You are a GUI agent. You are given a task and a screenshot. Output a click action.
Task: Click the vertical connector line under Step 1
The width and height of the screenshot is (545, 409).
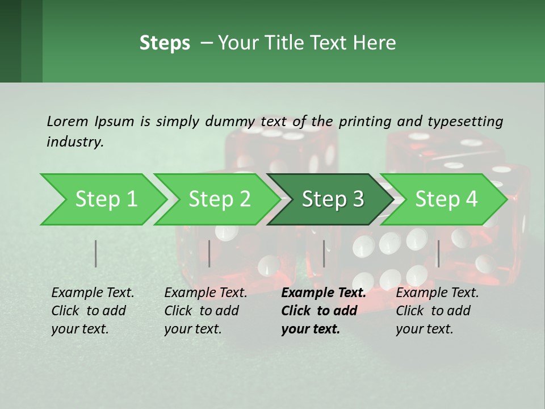click(x=96, y=253)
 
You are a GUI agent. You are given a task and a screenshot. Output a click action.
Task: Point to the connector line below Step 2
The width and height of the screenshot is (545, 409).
click(x=209, y=253)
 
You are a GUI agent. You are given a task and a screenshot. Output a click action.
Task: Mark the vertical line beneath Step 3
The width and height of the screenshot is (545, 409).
click(x=324, y=253)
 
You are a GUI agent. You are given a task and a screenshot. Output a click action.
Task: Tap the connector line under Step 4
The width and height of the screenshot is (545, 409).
click(x=438, y=253)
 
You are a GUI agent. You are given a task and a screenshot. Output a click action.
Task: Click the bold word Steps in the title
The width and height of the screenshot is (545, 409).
click(x=165, y=43)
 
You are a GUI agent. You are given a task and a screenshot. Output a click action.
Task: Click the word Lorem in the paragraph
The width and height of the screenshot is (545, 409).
click(x=67, y=121)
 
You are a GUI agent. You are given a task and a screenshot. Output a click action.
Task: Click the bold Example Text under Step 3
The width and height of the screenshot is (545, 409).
click(x=324, y=293)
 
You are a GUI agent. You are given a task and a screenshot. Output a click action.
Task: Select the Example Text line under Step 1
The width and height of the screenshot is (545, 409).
click(x=93, y=293)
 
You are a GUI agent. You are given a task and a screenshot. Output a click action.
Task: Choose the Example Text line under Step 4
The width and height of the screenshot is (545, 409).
click(x=437, y=293)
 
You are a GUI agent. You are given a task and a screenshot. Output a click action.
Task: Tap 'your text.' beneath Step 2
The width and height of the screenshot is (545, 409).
click(x=193, y=329)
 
